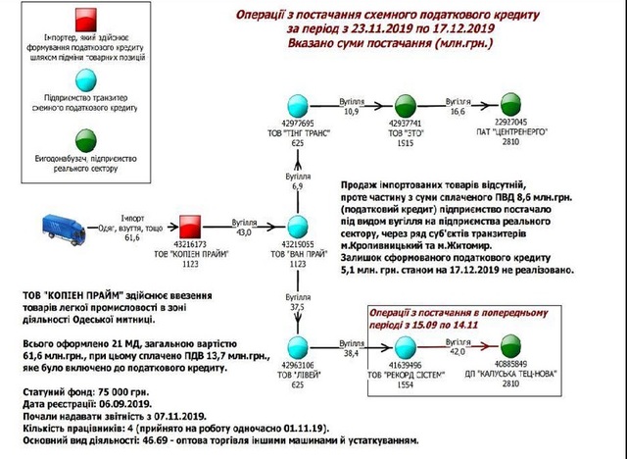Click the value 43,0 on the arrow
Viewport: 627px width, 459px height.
click(241, 231)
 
